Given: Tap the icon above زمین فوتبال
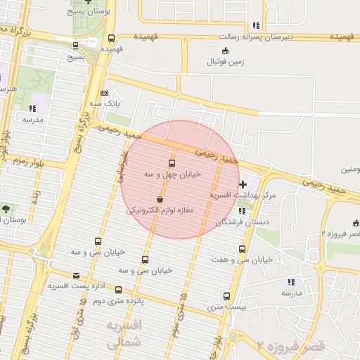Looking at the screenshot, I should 225,50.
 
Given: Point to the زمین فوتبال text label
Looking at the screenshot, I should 225,62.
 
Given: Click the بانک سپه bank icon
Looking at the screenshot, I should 105,93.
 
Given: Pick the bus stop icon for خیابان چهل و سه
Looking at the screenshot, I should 172,163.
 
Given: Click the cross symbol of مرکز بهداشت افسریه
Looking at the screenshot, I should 243,184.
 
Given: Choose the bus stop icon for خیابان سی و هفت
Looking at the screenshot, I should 243,249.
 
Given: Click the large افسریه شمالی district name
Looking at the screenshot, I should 123,335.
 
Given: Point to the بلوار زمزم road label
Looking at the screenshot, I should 29,162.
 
